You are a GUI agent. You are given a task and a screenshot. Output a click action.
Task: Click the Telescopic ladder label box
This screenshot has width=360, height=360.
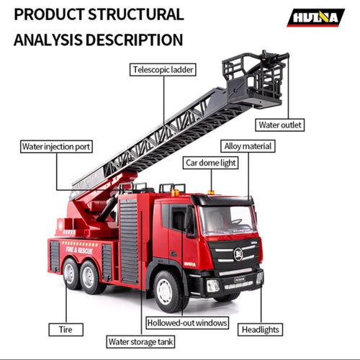click(163, 70)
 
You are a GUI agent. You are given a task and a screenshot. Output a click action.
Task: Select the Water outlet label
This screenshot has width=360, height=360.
click(279, 125)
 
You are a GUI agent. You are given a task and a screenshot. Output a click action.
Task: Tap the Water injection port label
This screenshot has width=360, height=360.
click(56, 146)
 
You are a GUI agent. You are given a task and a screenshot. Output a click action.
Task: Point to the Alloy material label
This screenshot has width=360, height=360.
click(248, 146)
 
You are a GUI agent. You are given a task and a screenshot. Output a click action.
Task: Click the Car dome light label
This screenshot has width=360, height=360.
click(210, 163)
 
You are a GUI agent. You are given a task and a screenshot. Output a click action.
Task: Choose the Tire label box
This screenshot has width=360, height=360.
click(66, 330)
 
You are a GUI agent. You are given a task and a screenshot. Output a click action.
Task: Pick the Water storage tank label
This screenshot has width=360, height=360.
click(140, 341)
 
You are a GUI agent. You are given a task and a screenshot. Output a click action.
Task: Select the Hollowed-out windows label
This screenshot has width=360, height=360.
click(187, 323)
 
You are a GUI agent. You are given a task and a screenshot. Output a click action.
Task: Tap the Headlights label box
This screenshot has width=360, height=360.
click(261, 330)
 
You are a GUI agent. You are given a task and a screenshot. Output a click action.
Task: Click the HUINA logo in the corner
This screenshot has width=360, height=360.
click(315, 18)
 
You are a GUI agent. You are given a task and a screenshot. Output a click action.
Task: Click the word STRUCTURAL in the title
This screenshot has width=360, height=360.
click(136, 14)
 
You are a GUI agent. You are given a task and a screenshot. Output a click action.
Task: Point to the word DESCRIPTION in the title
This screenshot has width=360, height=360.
click(135, 40)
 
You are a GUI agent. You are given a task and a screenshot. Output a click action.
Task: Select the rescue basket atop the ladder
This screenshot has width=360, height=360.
click(254, 79)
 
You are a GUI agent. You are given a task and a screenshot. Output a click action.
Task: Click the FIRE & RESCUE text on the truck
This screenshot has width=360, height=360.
click(79, 251)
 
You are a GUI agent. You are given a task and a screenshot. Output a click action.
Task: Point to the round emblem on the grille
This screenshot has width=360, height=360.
click(238, 254)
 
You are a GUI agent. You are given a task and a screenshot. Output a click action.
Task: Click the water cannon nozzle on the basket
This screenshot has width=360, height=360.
click(275, 57)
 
